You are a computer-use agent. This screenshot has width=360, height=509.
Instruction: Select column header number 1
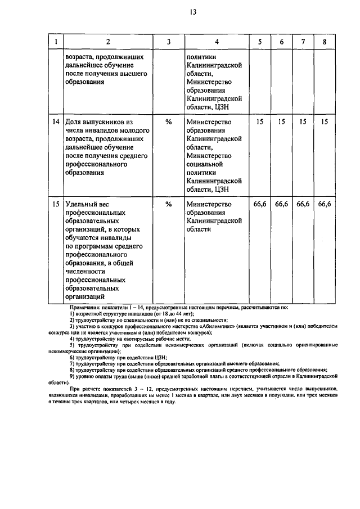click(x=55, y=42)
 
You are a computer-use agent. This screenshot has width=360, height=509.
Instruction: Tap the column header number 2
click(x=108, y=42)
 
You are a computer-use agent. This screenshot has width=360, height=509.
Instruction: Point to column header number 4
click(x=216, y=42)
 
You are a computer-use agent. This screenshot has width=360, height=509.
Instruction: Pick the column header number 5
click(x=259, y=42)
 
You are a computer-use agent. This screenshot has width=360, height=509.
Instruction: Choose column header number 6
click(x=281, y=42)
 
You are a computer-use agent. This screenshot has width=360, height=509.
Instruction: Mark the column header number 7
click(x=303, y=42)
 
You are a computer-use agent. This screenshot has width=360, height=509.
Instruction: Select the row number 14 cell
click(x=55, y=122)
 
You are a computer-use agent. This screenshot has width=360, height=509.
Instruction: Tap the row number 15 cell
click(x=55, y=205)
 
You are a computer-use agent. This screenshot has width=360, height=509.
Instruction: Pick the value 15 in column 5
click(x=259, y=122)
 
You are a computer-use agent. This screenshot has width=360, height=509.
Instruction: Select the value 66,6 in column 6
click(x=281, y=205)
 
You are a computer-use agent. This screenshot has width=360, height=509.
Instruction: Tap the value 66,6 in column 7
click(x=303, y=205)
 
